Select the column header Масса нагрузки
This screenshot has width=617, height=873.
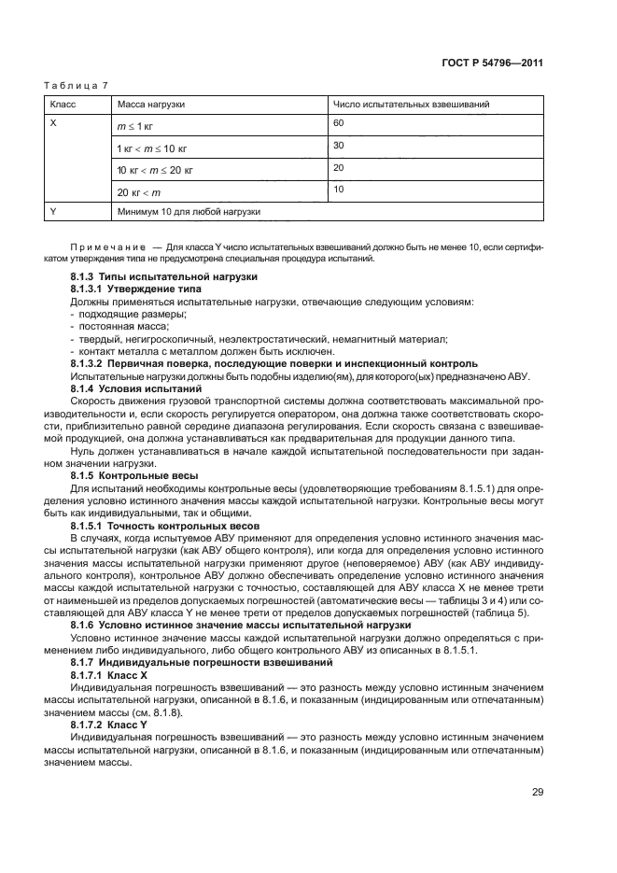click(150, 105)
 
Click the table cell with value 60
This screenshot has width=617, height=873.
click(338, 123)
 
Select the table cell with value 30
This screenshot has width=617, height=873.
click(338, 145)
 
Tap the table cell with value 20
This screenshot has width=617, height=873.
click(338, 167)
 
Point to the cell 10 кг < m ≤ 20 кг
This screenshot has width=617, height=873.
click(155, 171)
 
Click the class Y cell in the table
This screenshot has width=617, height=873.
click(54, 212)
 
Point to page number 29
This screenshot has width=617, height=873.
click(537, 792)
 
